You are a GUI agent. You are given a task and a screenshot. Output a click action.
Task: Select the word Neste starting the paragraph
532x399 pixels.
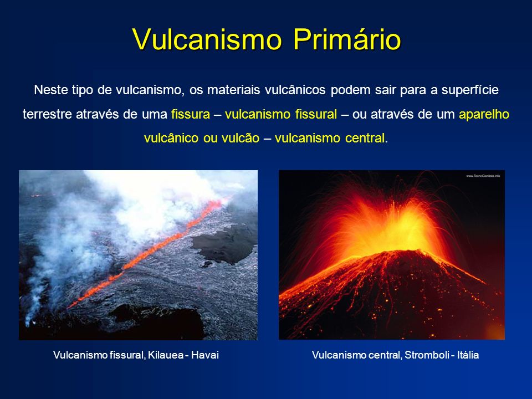49,90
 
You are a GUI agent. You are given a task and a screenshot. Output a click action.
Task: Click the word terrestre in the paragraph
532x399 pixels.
44,114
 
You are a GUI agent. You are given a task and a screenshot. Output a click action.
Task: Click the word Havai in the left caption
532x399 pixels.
207,355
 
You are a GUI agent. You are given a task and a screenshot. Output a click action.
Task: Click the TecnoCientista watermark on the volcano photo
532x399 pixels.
483,176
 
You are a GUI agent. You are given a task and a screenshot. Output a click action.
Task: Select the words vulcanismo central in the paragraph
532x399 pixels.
329,138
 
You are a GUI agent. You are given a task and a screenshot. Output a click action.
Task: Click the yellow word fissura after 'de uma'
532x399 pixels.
190,114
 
